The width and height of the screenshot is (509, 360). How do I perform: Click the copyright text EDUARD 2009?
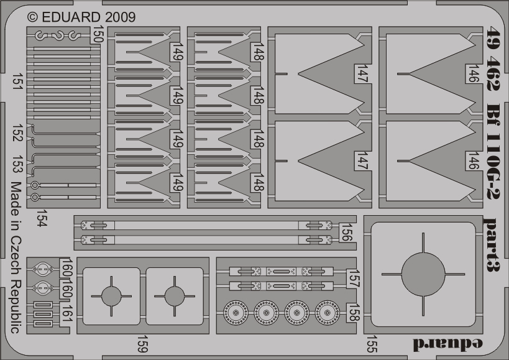tap(81, 17)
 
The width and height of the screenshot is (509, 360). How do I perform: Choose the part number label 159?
tap(142, 344)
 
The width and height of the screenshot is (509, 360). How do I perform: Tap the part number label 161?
tap(67, 313)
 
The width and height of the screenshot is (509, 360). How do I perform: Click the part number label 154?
tap(42, 218)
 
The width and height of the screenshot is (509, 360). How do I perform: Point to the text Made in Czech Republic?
tap(16, 257)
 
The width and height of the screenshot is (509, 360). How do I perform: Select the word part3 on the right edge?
tap(491, 244)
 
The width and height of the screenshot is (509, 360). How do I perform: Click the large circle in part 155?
tap(423, 274)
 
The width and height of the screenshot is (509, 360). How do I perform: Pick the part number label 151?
tap(17, 82)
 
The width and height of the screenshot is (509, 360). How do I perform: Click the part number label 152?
tap(17, 132)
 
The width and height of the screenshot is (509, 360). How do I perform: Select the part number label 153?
tap(17, 164)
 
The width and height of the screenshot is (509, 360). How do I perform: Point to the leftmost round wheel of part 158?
tap(236, 313)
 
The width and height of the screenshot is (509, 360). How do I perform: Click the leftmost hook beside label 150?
tap(41, 35)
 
